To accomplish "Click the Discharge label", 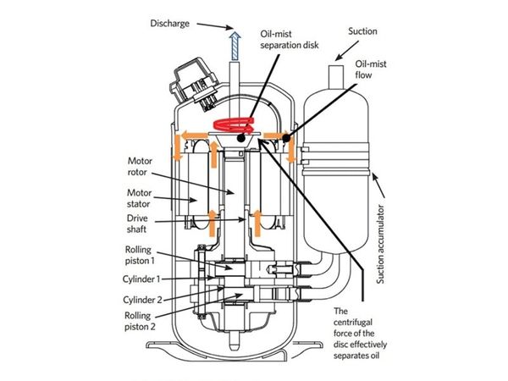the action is tap(170, 24).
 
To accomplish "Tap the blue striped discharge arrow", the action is tap(235, 46).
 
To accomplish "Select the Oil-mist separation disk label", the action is tap(290, 40).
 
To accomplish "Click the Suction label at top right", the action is tap(362, 31).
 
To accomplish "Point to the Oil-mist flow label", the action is tap(371, 69).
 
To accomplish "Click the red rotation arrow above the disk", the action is tap(234, 125).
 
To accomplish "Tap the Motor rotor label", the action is tap(140, 167).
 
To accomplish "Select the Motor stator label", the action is tap(139, 198).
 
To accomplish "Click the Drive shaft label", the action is tap(137, 224).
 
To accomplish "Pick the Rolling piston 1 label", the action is tap(140, 255).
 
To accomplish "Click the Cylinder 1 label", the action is tap(141, 279).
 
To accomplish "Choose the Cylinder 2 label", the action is tap(142, 300).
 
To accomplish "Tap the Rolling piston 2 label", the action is tap(140, 321).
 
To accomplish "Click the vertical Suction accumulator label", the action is tap(380, 245).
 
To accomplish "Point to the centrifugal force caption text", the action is tap(360, 334).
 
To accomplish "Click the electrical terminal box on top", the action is tap(194, 84).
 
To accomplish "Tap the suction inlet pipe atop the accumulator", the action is tap(336, 77).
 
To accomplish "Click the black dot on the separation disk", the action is tap(240, 138).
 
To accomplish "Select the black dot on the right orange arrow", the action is tap(286, 138).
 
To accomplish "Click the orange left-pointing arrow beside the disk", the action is tap(194, 135).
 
